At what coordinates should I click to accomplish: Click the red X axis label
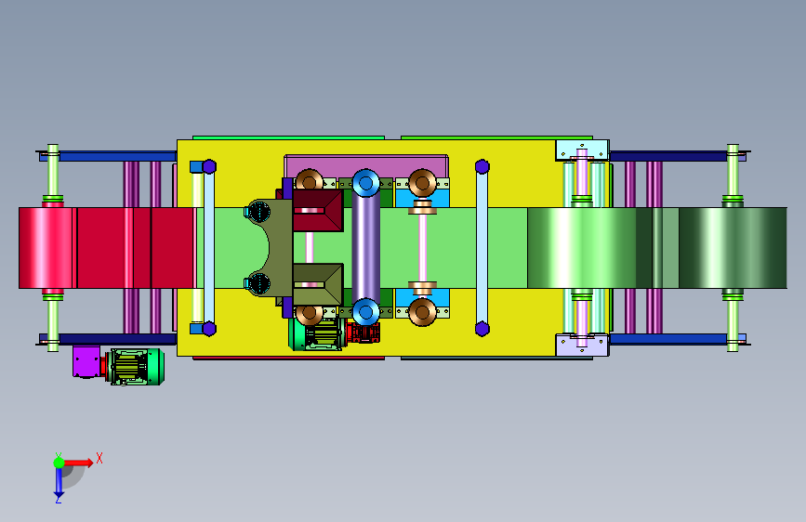pyautogui.click(x=99, y=458)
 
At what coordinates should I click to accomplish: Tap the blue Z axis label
pyautogui.click(x=58, y=499)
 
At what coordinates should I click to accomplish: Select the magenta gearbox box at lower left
pyautogui.click(x=86, y=361)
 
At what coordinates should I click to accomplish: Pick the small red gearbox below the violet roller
pyautogui.click(x=363, y=332)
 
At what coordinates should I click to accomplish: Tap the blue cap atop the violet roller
pyautogui.click(x=366, y=182)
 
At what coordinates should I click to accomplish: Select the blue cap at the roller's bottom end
pyautogui.click(x=366, y=311)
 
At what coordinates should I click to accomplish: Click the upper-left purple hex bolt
pyautogui.click(x=209, y=166)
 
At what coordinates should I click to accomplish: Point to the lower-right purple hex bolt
pyautogui.click(x=482, y=329)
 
